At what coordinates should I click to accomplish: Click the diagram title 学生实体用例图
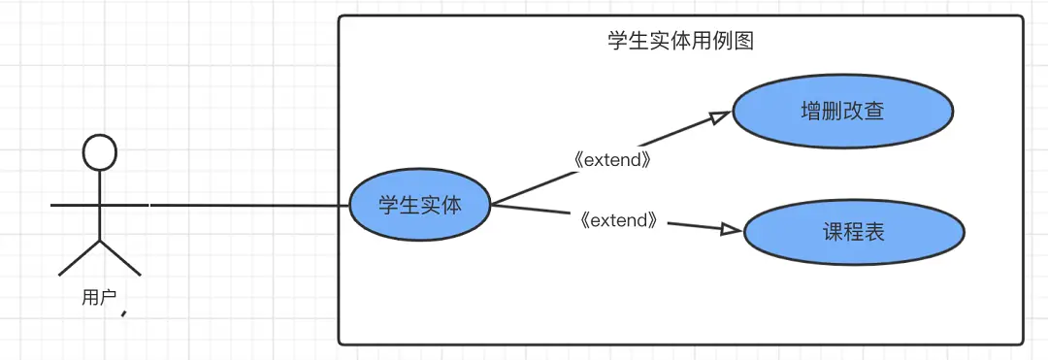(x=680, y=42)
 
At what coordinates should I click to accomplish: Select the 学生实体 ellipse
(x=420, y=206)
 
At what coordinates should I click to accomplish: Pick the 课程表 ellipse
(x=854, y=233)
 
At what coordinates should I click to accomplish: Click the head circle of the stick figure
(x=100, y=153)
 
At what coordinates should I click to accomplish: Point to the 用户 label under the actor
(x=98, y=298)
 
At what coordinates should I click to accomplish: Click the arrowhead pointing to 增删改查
(x=719, y=117)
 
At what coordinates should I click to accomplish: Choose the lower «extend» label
(x=618, y=220)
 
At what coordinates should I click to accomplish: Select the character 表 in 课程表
(x=875, y=233)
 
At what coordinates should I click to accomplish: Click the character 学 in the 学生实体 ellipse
(x=387, y=206)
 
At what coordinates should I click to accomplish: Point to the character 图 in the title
(x=744, y=42)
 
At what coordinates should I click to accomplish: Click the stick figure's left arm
(x=74, y=206)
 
